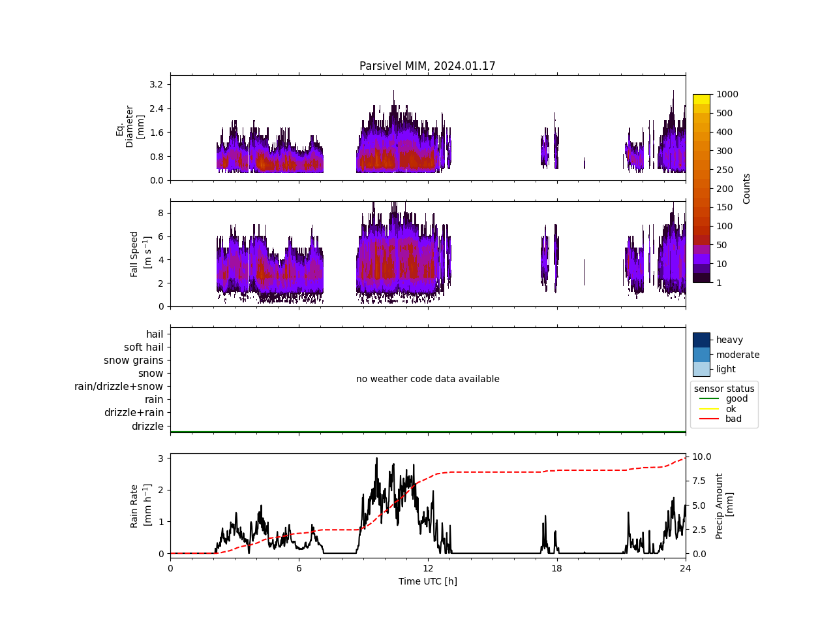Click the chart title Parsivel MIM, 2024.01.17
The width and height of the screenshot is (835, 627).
pos(427,66)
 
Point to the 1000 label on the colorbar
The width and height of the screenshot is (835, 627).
pos(727,94)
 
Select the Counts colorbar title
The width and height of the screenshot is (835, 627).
pos(747,188)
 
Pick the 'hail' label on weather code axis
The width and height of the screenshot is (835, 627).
pos(155,334)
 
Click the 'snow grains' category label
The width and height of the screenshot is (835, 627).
pos(134,361)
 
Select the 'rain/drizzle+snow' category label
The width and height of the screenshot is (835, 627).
pos(119,387)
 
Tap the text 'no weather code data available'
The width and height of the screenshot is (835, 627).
pos(427,379)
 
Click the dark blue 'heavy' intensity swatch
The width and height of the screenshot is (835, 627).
pos(701,340)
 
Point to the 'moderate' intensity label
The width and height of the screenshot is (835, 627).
pos(738,355)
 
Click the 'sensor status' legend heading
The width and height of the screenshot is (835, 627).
pos(724,389)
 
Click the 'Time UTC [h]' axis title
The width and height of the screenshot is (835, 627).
pos(427,581)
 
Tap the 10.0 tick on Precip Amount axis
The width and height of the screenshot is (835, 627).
pos(702,457)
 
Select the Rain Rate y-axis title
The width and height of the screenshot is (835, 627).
pos(140,506)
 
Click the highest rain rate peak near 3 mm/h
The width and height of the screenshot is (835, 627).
pos(376,458)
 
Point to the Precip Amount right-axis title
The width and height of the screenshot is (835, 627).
pos(724,506)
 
